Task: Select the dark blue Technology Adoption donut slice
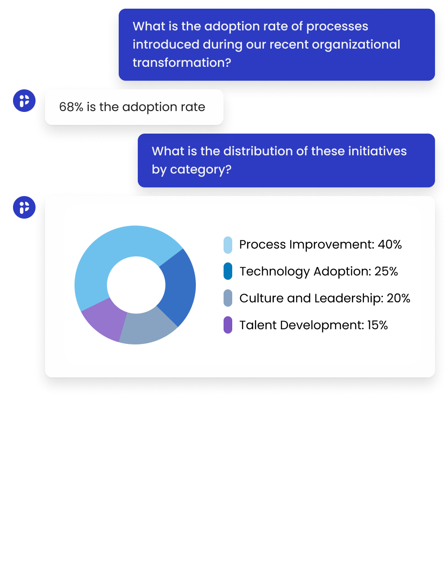click(179, 286)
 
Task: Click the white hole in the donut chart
click(136, 285)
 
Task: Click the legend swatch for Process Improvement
click(228, 245)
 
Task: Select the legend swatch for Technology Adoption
click(228, 272)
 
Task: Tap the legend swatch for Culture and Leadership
click(228, 298)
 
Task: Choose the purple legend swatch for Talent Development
click(228, 325)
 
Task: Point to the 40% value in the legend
click(390, 245)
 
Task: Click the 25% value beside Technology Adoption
click(386, 272)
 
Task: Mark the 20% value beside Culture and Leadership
click(399, 298)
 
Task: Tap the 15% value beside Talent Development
click(377, 325)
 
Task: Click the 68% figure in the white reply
click(71, 107)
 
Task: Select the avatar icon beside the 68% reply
click(24, 101)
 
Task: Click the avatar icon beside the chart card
click(24, 207)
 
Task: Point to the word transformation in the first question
click(182, 63)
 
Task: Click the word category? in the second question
click(201, 170)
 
